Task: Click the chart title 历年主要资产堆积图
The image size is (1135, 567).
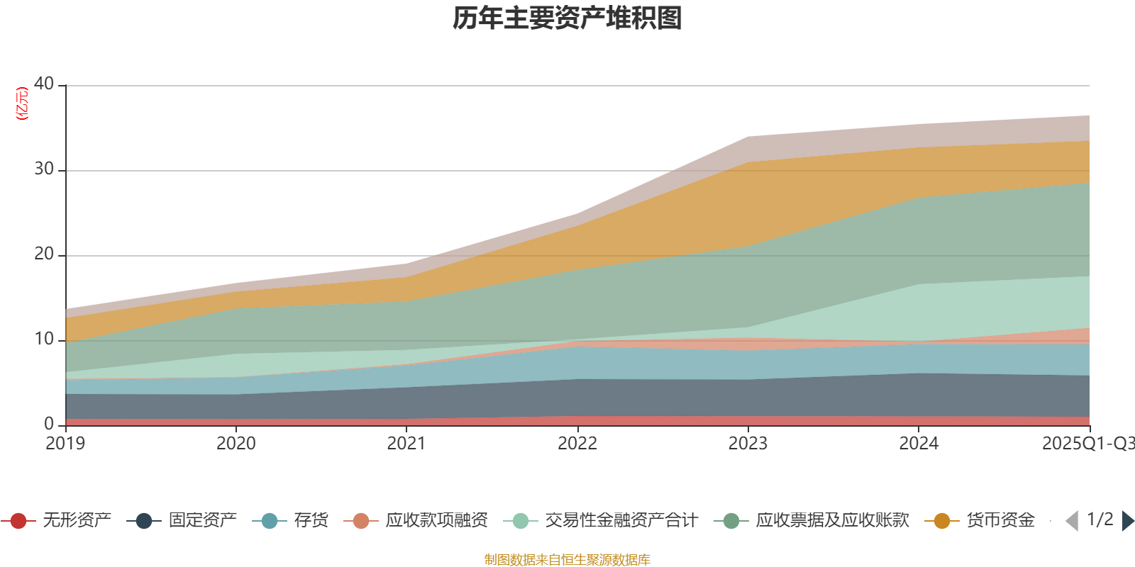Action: coord(567,18)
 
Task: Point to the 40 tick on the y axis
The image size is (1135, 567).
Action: coord(44,84)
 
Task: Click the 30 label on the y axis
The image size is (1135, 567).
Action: coord(44,169)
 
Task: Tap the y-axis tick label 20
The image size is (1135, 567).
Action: coord(44,254)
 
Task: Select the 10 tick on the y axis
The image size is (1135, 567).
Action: coord(44,339)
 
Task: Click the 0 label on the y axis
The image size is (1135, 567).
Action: coord(49,424)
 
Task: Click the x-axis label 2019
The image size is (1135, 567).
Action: coord(65,444)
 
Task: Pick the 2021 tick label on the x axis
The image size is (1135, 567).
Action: coord(406,444)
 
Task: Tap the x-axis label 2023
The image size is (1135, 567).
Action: coord(748,444)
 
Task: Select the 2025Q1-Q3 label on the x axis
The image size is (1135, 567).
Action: coord(1087,444)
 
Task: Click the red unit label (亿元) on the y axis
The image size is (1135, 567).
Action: coord(22,103)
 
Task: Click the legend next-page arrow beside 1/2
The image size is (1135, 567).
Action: coord(1128,521)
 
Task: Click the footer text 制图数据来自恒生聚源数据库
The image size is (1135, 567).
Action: coord(567,560)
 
